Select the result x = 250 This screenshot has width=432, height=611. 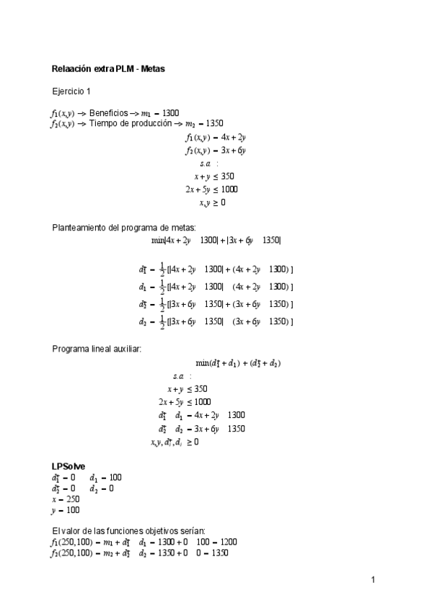point(65,499)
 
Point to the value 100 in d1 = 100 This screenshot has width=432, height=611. point(115,477)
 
